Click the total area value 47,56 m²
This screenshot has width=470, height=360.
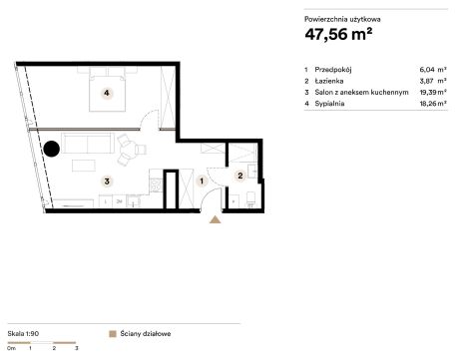338,34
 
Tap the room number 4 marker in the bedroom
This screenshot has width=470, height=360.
107,93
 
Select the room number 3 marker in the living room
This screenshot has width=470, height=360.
107,181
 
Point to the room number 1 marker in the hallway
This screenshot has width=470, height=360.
202,181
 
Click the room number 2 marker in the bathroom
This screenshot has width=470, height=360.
240,176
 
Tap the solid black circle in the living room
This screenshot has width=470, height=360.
52,149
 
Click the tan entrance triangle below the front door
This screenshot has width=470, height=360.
216,219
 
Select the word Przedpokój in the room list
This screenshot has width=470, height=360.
333,70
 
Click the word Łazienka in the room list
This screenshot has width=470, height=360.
329,81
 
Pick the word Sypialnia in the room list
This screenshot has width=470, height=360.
329,104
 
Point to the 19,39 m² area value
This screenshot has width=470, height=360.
433,92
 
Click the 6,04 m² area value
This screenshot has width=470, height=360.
433,70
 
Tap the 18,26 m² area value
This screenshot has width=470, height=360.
433,104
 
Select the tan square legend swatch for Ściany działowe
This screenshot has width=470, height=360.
113,334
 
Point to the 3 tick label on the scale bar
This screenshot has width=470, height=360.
77,348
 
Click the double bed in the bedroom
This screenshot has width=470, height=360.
107,89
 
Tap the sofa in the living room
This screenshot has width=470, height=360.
88,143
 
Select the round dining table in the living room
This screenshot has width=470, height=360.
131,149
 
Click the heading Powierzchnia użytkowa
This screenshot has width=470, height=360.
342,19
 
